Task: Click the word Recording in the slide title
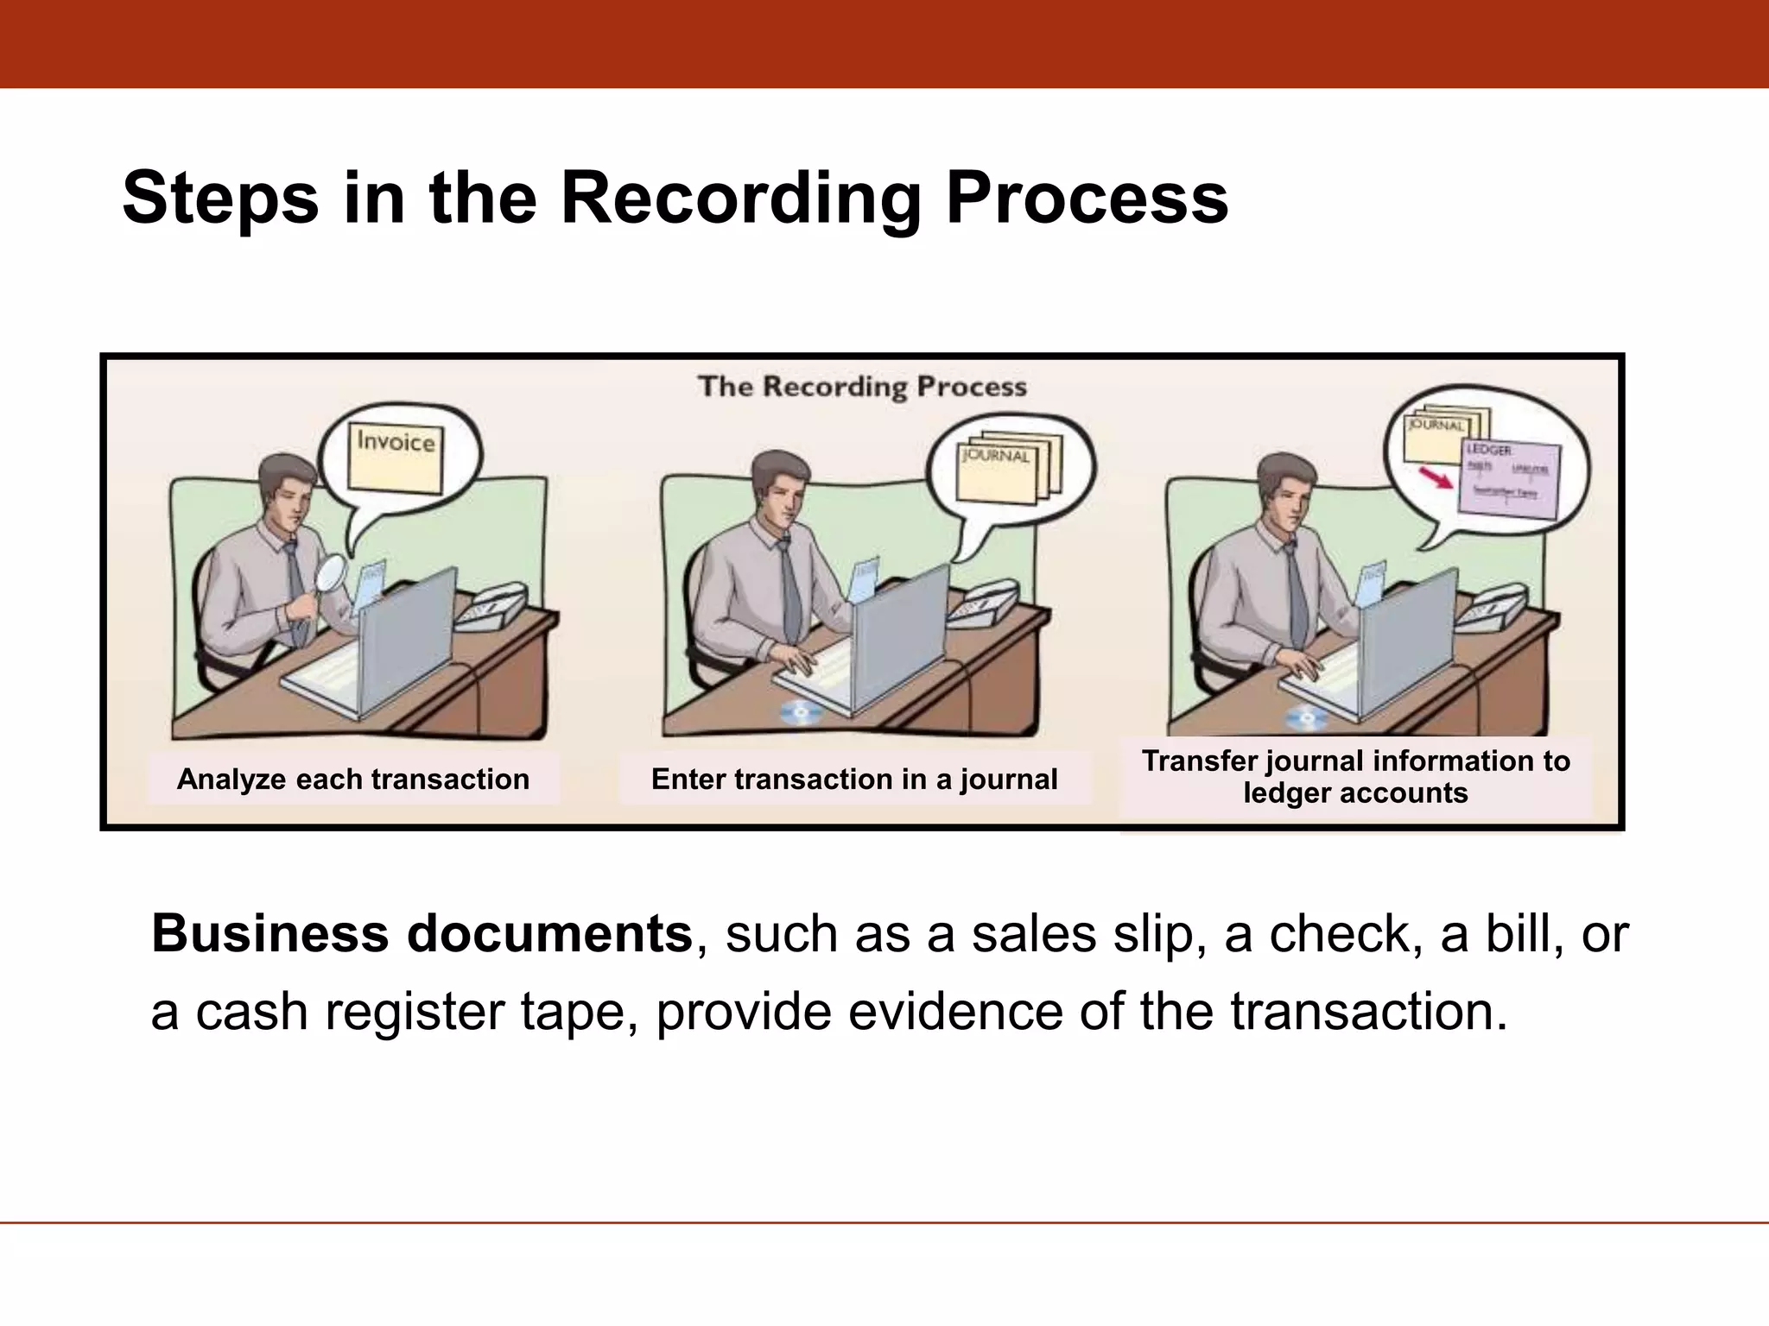[741, 199]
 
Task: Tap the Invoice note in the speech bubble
[396, 456]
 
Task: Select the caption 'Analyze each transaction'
[352, 779]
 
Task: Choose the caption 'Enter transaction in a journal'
[853, 779]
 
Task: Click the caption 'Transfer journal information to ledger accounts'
[1355, 777]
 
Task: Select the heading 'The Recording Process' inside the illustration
[862, 387]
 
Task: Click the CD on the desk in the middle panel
[801, 712]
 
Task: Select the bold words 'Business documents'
[422, 934]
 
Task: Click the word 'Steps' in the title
[220, 199]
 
